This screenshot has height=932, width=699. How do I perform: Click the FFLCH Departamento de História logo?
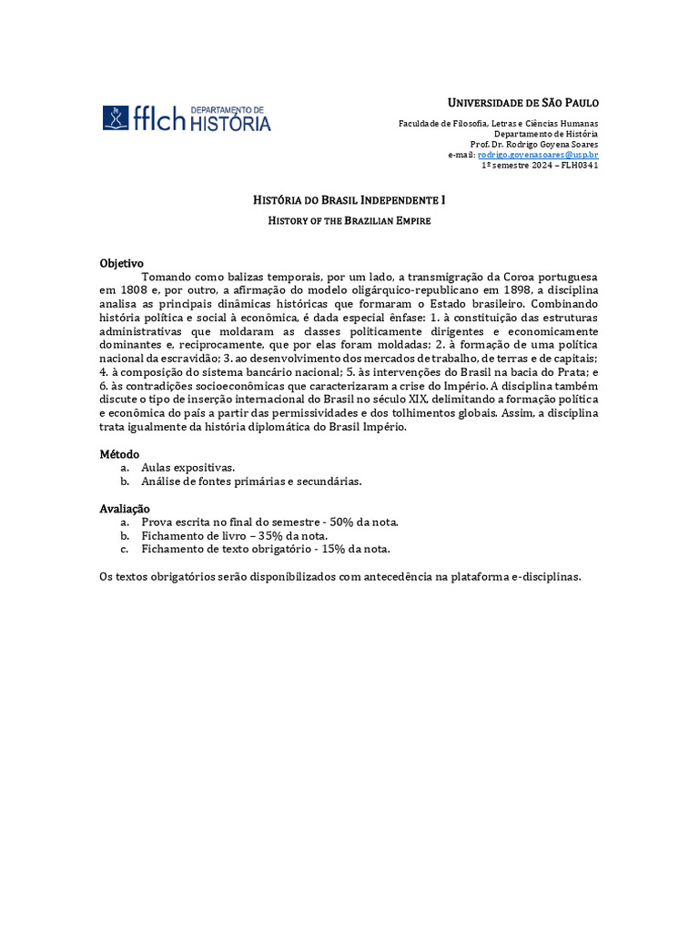(187, 118)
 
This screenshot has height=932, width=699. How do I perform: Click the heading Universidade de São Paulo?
(523, 102)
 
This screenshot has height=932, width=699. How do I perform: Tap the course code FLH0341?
(580, 165)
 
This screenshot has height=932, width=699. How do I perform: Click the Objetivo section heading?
(121, 263)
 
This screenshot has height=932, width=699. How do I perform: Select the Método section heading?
(119, 453)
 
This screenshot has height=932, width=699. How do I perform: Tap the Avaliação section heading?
(125, 508)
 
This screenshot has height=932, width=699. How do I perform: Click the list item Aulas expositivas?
(188, 467)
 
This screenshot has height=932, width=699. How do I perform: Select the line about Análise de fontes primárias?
(251, 481)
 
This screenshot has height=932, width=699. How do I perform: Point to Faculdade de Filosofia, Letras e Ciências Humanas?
(499, 124)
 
